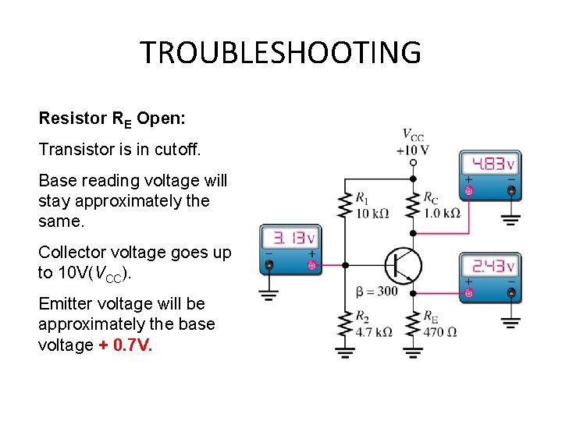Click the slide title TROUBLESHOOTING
[x=280, y=52]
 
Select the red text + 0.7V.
[x=126, y=344]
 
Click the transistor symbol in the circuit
[x=403, y=265]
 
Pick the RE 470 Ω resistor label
[x=440, y=324]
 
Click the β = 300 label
[x=376, y=292]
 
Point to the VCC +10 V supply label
[x=413, y=142]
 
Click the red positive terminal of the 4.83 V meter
[x=468, y=190]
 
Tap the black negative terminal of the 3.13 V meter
[x=269, y=266]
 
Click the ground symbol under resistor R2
[x=343, y=352]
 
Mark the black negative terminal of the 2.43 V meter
[x=510, y=293]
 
